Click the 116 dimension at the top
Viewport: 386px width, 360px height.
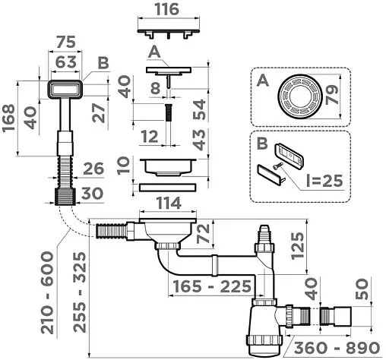(167, 9)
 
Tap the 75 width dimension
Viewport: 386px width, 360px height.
(66, 42)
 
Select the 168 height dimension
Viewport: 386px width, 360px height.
(8, 118)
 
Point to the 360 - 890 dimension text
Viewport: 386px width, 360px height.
(337, 348)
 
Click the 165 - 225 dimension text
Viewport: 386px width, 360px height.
(212, 286)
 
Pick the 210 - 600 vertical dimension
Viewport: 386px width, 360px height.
(48, 292)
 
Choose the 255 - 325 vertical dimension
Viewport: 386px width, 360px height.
(80, 292)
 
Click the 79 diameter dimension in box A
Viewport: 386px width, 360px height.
(332, 95)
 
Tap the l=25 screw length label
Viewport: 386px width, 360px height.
(324, 180)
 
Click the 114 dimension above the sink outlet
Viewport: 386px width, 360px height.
(169, 203)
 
